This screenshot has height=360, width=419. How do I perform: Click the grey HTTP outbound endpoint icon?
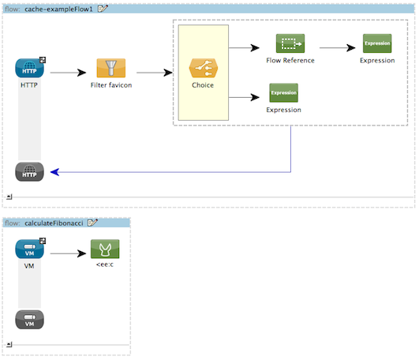[x=29, y=171]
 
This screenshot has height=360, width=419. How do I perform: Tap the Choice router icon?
[x=203, y=68]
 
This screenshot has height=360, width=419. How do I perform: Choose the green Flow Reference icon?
[x=290, y=44]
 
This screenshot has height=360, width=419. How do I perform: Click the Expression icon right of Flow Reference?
[x=376, y=44]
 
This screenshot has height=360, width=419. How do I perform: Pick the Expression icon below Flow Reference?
[x=283, y=94]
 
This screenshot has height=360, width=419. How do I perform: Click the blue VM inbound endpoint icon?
[x=29, y=249]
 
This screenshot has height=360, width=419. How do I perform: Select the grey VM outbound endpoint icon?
[x=29, y=320]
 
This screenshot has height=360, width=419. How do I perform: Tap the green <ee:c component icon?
[x=103, y=249]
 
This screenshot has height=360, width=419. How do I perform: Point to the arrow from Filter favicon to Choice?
[x=154, y=73]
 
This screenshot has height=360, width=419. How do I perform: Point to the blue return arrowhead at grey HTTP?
[x=52, y=171]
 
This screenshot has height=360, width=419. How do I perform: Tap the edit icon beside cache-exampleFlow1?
[x=103, y=7]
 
